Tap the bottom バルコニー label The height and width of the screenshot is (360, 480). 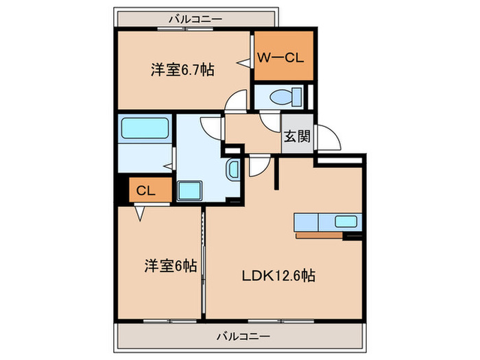coord(243,336)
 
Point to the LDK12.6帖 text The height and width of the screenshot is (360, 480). coord(278,276)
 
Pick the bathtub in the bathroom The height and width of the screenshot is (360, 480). coord(145,128)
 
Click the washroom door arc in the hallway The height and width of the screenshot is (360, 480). coord(211,127)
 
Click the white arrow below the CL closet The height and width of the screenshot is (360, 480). coord(139,214)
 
